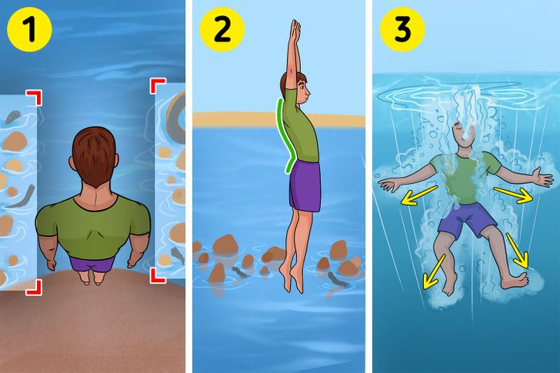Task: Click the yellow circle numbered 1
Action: [x=30, y=29]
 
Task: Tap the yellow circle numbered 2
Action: [x=222, y=29]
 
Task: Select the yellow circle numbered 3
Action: [x=402, y=29]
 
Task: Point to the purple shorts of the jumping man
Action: [x=305, y=185]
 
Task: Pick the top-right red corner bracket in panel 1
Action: [x=158, y=86]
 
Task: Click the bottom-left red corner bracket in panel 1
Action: [x=34, y=288]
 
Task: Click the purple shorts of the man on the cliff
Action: [x=92, y=264]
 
